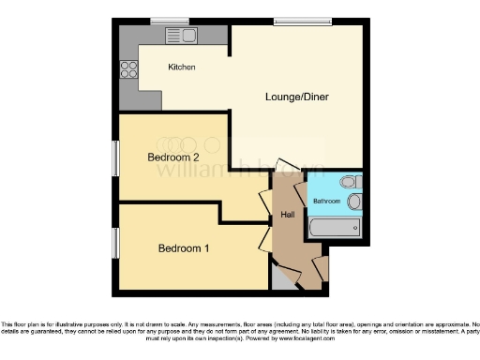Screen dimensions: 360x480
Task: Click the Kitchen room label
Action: point(181,67)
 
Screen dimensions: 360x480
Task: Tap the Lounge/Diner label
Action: point(298,97)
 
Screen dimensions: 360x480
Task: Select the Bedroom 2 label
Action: point(173,157)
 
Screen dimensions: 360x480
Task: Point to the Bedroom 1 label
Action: point(183,248)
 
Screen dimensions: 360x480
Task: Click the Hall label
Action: point(289,217)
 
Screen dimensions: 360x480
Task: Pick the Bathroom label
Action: point(326,202)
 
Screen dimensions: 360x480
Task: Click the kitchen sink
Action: point(180,36)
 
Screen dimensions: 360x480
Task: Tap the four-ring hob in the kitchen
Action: point(129,68)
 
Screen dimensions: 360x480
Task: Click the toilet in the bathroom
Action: point(348,182)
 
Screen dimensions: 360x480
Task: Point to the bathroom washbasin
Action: point(353,202)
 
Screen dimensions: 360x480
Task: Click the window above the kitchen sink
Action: point(170,21)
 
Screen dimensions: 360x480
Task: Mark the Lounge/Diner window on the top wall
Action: point(295,21)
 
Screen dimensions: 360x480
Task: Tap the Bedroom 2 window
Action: point(115,157)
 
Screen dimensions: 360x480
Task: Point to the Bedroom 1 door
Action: point(265,239)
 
